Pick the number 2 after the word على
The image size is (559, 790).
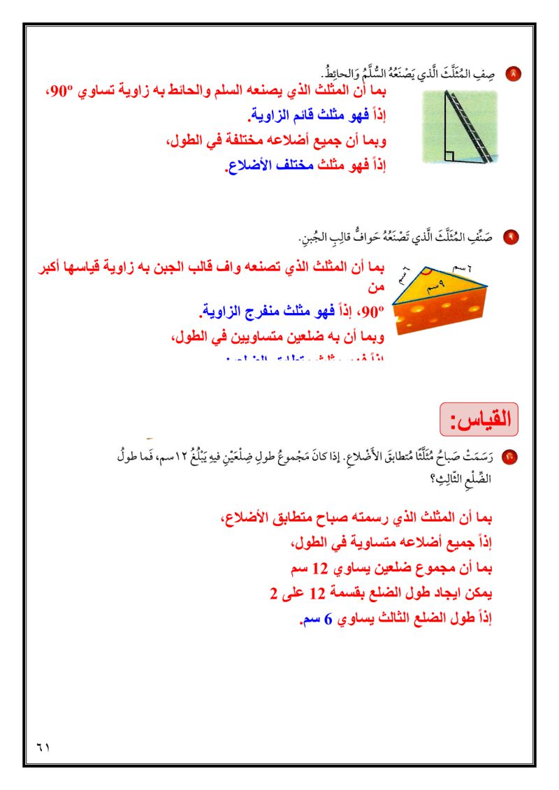click(x=274, y=594)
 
